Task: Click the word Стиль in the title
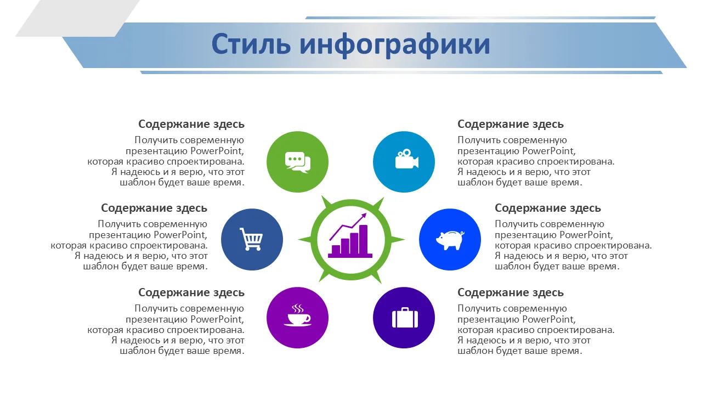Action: coord(251,44)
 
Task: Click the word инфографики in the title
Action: coord(395,46)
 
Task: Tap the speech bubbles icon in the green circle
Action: coord(297,162)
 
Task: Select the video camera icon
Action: coord(407,159)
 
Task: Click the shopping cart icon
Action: coord(251,239)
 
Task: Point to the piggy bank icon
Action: coord(450,240)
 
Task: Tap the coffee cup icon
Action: coord(297,315)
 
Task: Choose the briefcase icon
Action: coord(405,318)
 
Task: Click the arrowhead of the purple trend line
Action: coord(364,216)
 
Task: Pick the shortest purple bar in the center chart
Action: coord(336,250)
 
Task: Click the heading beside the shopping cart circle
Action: coord(154,208)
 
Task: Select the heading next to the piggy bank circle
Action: coord(548,208)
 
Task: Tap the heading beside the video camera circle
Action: coord(511,124)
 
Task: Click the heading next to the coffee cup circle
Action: coord(191,292)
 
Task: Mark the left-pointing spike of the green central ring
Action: coord(304,240)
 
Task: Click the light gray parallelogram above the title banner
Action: coord(77,18)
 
